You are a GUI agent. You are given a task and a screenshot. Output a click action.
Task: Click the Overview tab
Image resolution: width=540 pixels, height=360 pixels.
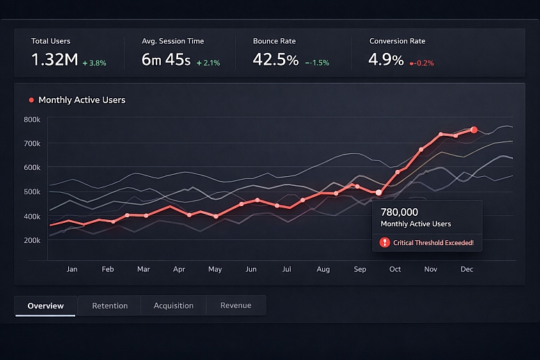(x=45, y=306)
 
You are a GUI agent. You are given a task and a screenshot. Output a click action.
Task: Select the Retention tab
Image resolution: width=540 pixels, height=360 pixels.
(x=110, y=306)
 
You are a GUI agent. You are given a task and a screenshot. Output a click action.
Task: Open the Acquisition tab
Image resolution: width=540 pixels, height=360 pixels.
(x=173, y=306)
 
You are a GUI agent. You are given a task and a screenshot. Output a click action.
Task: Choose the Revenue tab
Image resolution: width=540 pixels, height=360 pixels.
(x=235, y=306)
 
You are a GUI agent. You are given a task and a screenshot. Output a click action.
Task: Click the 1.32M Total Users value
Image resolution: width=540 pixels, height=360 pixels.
(x=54, y=60)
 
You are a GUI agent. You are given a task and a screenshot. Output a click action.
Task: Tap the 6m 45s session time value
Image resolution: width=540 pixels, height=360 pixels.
(x=166, y=60)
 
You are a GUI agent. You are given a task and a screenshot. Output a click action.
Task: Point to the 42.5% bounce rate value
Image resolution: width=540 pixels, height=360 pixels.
(x=276, y=60)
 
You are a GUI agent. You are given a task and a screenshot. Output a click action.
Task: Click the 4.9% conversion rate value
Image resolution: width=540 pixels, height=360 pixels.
(x=386, y=60)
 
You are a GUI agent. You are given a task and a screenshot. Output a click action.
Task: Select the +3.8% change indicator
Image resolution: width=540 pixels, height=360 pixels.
(x=94, y=63)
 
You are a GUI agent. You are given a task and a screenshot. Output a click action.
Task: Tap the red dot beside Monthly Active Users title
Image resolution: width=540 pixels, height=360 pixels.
(x=31, y=100)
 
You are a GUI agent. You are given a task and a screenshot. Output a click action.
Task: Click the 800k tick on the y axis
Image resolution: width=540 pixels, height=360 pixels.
(x=32, y=120)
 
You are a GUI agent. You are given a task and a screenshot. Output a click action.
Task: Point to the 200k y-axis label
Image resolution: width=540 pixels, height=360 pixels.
(x=32, y=240)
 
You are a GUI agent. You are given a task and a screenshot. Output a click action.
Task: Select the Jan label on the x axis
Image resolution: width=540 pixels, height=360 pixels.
(x=72, y=269)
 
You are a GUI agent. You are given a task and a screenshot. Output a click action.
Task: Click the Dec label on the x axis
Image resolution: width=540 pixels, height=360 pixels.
(x=466, y=269)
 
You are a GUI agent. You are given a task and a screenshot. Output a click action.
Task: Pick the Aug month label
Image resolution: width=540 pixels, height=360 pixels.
(x=323, y=269)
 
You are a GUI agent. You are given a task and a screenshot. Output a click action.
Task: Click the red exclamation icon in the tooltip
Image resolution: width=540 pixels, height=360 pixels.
(x=385, y=242)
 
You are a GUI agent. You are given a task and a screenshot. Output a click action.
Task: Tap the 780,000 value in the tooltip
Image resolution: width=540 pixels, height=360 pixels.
(x=399, y=212)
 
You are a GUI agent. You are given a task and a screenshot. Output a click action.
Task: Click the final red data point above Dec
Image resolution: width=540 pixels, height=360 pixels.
(x=474, y=130)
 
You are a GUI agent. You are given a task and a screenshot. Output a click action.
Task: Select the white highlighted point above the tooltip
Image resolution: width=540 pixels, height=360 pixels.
(x=379, y=192)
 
